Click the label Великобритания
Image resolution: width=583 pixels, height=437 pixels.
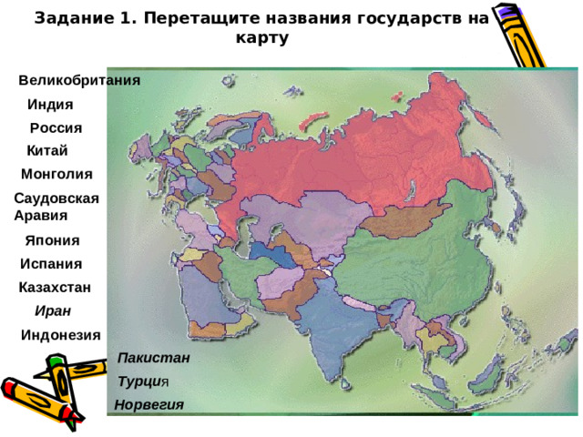tap(79, 80)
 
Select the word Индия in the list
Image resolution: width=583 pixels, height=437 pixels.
tap(51, 104)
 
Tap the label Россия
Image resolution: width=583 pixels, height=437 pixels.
tap(56, 127)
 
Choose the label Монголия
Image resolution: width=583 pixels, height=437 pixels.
tap(56, 173)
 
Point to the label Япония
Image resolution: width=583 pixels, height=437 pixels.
tap(53, 240)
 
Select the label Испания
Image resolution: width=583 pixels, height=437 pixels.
tap(51, 264)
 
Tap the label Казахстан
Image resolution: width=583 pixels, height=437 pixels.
tap(54, 288)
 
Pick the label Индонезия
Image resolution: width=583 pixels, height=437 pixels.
tap(61, 334)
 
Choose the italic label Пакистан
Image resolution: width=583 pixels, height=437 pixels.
tap(154, 359)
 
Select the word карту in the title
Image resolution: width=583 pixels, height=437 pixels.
tap(261, 38)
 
